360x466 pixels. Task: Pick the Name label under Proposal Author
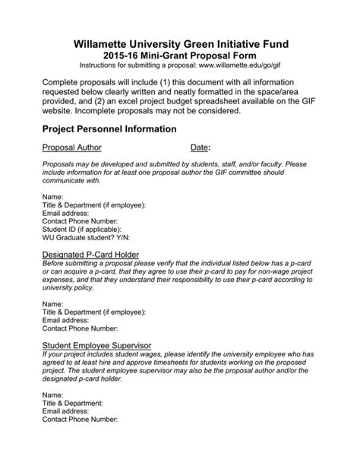pos(53,197)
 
